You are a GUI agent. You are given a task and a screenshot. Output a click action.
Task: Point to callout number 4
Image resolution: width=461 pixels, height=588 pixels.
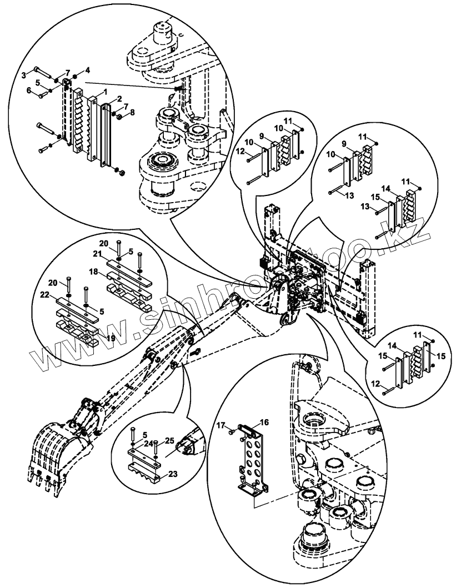[x=88, y=70]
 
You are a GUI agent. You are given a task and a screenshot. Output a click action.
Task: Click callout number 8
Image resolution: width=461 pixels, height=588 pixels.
[x=132, y=112]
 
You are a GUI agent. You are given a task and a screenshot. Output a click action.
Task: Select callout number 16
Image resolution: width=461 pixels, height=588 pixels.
[x=264, y=422]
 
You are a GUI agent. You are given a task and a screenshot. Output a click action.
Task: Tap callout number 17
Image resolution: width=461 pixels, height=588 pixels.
[x=220, y=426]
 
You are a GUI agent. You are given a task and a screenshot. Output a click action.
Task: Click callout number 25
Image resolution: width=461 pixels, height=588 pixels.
[x=169, y=440]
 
